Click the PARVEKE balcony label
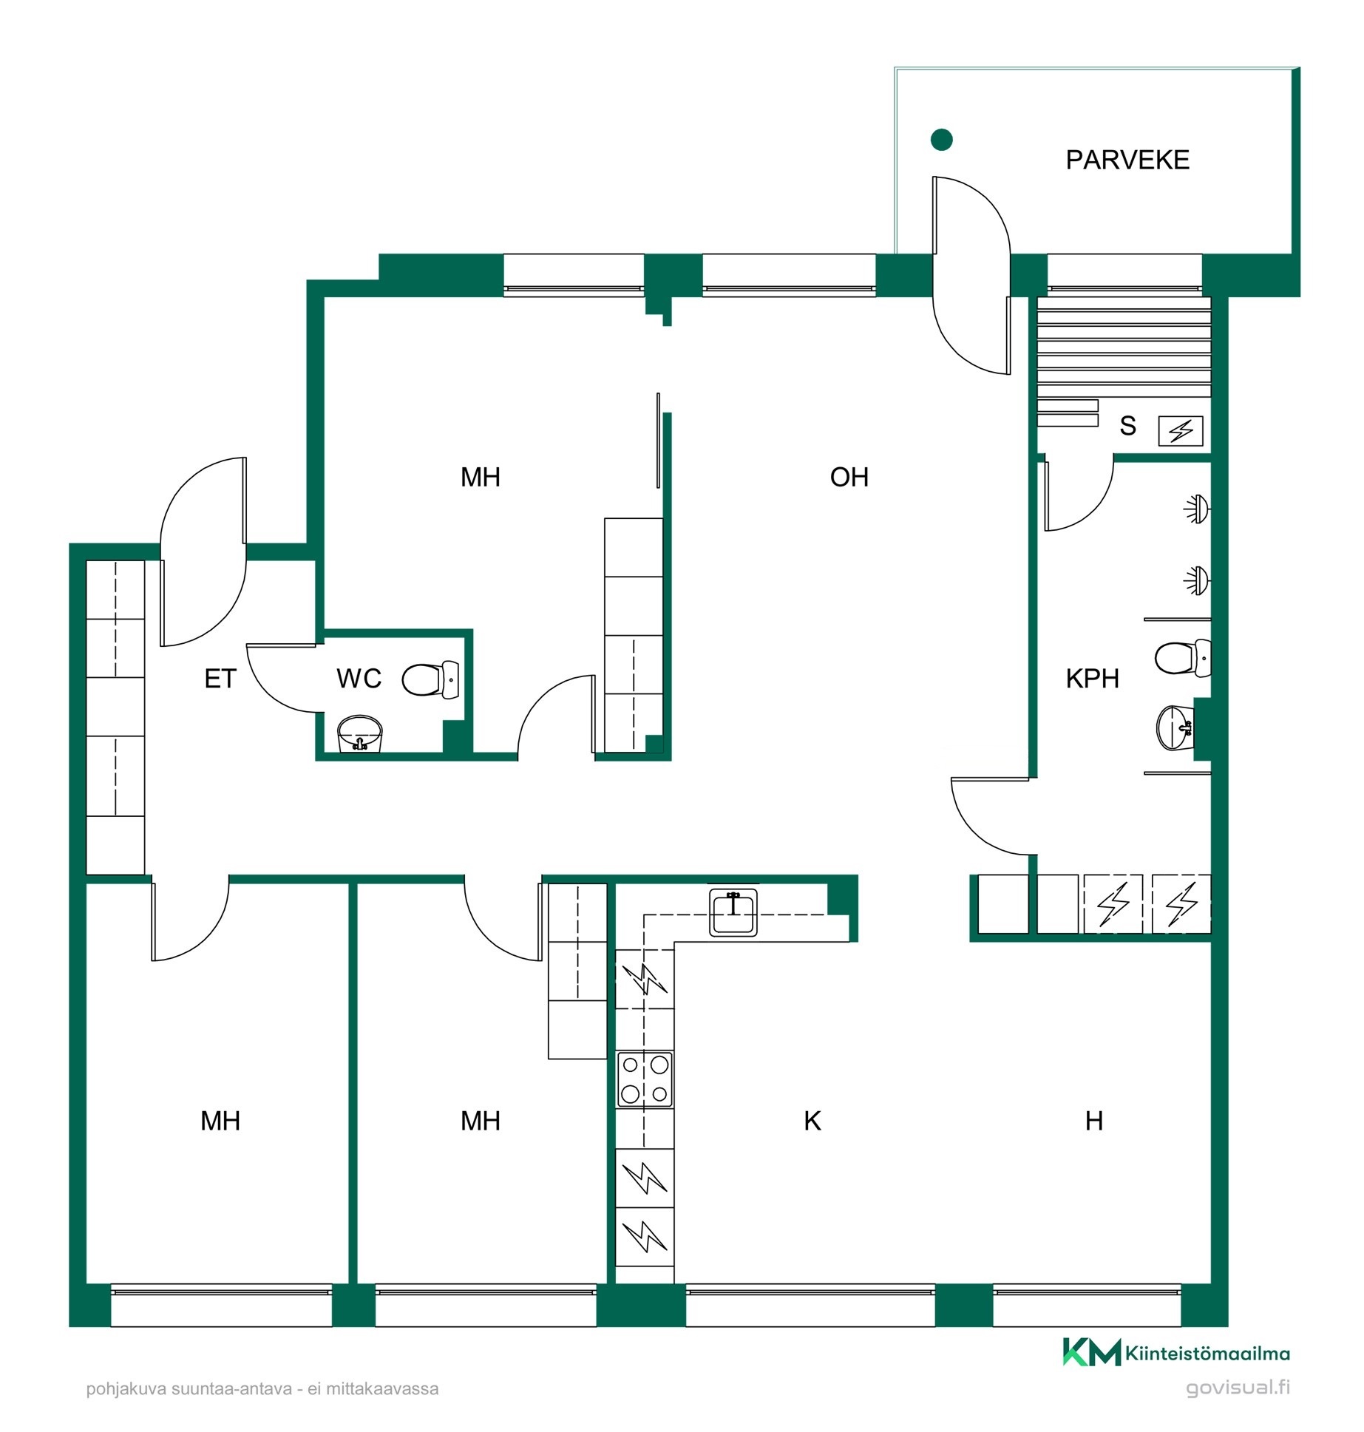pyautogui.click(x=1127, y=160)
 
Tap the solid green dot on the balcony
pyautogui.click(x=941, y=139)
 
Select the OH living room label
pyautogui.click(x=849, y=478)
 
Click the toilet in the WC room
pyautogui.click(x=430, y=679)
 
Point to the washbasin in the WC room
pyautogui.click(x=360, y=733)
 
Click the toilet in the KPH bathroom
pyautogui.click(x=1183, y=658)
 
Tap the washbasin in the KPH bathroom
pyautogui.click(x=1175, y=727)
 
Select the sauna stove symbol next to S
pyautogui.click(x=1180, y=430)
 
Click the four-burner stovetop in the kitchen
pyautogui.click(x=645, y=1080)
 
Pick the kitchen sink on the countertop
pyautogui.click(x=733, y=912)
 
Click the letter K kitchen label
pyautogui.click(x=812, y=1121)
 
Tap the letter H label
pyautogui.click(x=1094, y=1121)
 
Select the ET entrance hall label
pyautogui.click(x=220, y=679)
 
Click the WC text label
pyautogui.click(x=359, y=679)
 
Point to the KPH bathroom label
pyautogui.click(x=1092, y=679)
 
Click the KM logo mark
pyautogui.click(x=1092, y=1352)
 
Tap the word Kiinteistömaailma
pyautogui.click(x=1207, y=1354)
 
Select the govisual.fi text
pyautogui.click(x=1238, y=1388)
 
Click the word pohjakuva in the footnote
pyautogui.click(x=126, y=1389)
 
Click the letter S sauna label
pyautogui.click(x=1127, y=426)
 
